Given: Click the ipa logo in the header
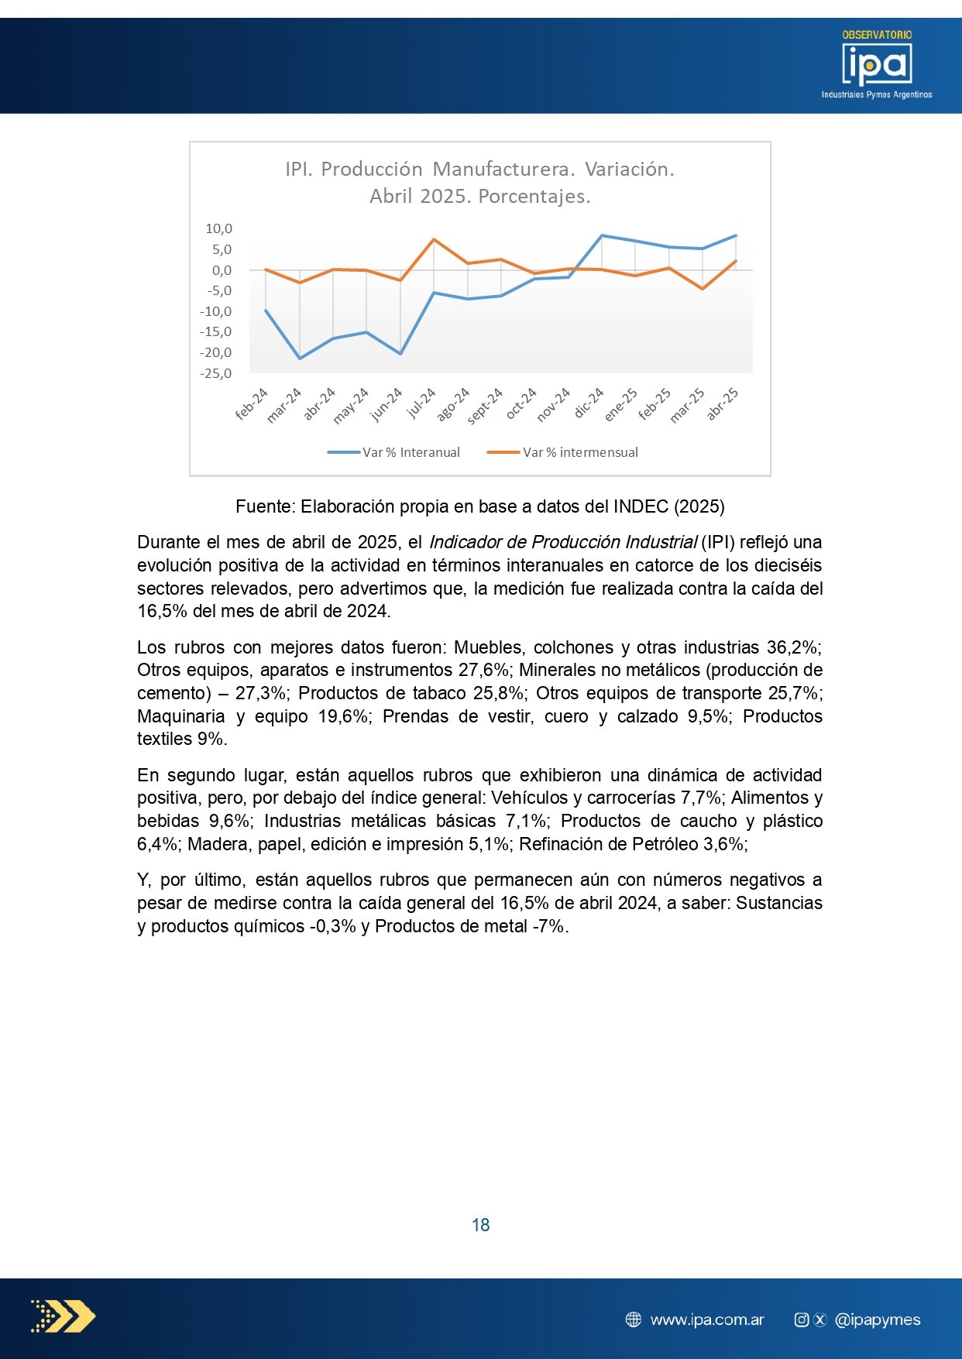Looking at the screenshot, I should pos(877,65).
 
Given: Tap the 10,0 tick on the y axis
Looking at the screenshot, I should pos(218,228).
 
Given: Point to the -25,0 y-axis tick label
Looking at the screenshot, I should pos(216,373).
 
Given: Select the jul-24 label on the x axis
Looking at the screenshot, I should pos(422,402).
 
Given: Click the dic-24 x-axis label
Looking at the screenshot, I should pos(589,403).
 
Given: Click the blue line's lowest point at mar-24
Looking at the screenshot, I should pos(300,359).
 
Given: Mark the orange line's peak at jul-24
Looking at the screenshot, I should pos(434,239).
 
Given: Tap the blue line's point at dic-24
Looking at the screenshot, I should pos(602,235).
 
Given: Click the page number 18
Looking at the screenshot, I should pos(480,1225).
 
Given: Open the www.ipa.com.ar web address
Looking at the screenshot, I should pos(707,1320).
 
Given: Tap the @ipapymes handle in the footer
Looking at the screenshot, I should pos(878,1320).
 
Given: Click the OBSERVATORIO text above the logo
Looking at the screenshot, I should pos(877,35).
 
